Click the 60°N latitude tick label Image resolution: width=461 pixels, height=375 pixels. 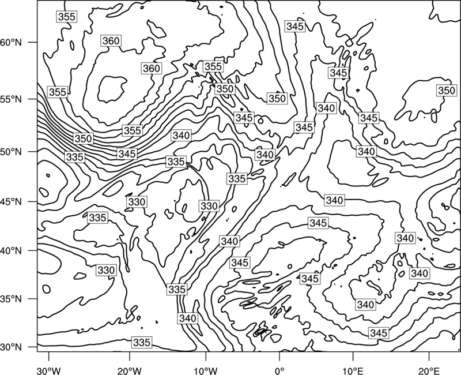(x=11, y=43)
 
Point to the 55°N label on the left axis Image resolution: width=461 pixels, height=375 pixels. (x=11, y=99)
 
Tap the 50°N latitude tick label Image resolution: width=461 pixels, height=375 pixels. (x=11, y=152)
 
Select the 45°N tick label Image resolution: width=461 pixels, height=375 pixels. (x=11, y=202)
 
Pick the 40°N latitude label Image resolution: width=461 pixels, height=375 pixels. (x=11, y=251)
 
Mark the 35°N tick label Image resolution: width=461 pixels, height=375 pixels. (x=11, y=299)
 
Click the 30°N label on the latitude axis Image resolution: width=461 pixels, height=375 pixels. (x=11, y=347)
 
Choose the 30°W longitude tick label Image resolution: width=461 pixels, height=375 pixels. (x=49, y=370)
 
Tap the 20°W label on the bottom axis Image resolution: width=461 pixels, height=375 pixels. (x=129, y=370)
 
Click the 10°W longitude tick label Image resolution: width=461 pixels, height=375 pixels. (x=206, y=370)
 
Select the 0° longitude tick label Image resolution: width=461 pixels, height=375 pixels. (x=279, y=370)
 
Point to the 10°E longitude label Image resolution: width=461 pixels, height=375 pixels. (x=353, y=370)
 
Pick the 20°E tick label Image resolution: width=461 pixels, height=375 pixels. (x=429, y=370)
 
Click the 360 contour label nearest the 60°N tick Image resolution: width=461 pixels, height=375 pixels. (x=111, y=41)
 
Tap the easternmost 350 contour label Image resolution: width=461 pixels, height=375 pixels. (x=447, y=91)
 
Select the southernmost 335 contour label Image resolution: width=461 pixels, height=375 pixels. (x=142, y=342)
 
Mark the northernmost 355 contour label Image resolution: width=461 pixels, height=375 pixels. (x=67, y=17)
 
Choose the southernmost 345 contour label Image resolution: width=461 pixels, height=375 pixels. (x=379, y=333)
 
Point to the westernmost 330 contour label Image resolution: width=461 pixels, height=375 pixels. (x=106, y=270)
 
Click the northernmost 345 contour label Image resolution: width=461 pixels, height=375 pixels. (x=295, y=26)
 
